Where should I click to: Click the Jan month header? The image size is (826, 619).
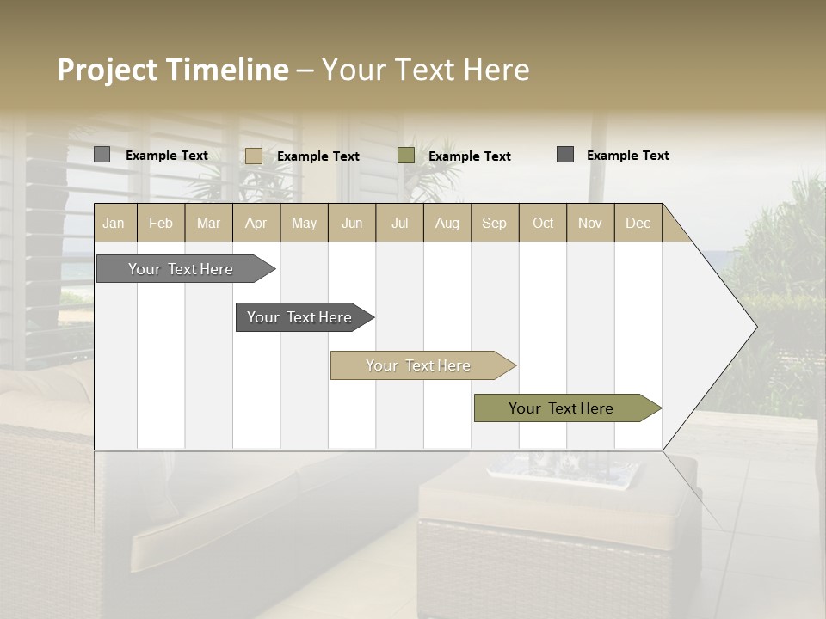tap(114, 223)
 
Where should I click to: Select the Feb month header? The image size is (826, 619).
tap(161, 223)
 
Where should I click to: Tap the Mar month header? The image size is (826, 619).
tap(208, 223)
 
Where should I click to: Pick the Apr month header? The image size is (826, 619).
tap(256, 223)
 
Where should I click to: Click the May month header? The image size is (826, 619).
tap(304, 223)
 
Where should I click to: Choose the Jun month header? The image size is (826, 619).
tap(352, 223)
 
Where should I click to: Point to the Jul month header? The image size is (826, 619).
tap(399, 223)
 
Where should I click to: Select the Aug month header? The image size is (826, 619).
tap(447, 223)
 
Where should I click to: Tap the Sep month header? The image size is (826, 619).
tap(495, 223)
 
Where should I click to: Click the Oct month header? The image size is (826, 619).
tap(543, 223)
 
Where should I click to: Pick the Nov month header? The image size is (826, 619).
tap(590, 223)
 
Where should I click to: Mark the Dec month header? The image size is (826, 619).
tap(638, 223)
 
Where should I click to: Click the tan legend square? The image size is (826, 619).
tap(254, 156)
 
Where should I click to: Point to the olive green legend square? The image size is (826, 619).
tap(406, 156)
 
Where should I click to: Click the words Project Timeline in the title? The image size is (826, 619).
tap(173, 70)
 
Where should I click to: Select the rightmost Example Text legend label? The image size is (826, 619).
tap(627, 156)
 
